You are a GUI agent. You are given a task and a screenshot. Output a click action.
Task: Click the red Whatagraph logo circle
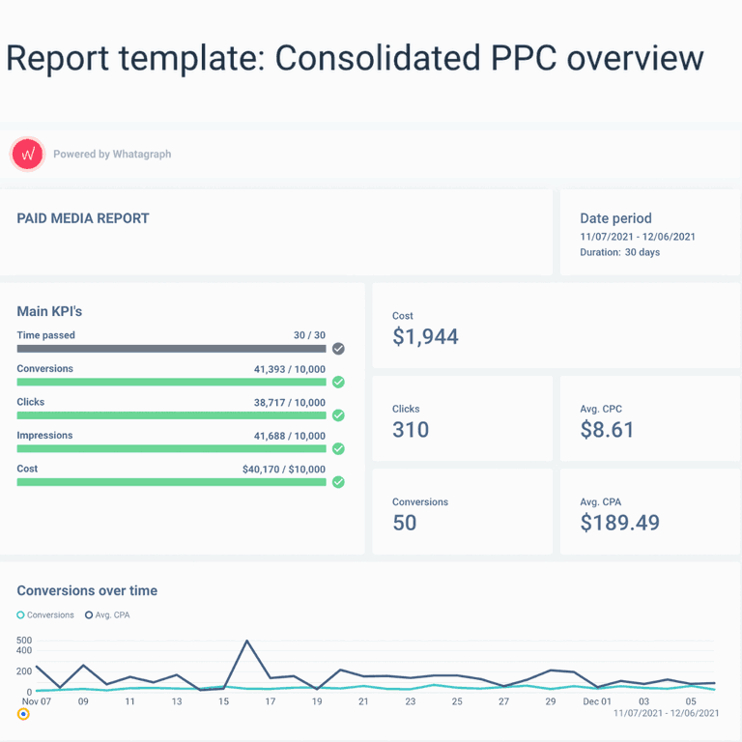(x=27, y=154)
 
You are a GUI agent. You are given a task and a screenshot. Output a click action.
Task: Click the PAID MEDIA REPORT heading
(x=83, y=218)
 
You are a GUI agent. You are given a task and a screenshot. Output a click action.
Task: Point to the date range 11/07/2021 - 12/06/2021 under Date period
(x=638, y=237)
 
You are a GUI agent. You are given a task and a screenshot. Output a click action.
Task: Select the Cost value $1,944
(x=425, y=336)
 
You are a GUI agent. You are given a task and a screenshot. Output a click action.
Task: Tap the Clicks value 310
(x=411, y=430)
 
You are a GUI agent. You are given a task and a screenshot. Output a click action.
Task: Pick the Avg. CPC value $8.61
(x=607, y=430)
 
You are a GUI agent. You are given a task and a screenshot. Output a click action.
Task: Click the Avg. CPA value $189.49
(x=619, y=523)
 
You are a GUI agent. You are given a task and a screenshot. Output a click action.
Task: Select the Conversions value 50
(x=405, y=523)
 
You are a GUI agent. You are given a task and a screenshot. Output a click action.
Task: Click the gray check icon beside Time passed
(x=338, y=349)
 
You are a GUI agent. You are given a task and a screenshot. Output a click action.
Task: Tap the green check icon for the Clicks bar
(x=338, y=415)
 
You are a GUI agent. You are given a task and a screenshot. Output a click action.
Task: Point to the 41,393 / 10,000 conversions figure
(x=290, y=369)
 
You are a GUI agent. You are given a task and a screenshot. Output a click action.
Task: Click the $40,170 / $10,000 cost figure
(x=284, y=470)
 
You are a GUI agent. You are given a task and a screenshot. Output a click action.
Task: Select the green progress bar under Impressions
(x=171, y=448)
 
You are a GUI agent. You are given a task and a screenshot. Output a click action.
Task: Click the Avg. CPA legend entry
(x=107, y=614)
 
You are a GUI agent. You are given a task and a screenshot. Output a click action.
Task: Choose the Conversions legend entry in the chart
(x=45, y=614)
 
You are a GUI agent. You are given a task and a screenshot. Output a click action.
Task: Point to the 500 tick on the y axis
(x=24, y=641)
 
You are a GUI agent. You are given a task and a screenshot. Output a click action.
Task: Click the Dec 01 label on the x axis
(x=597, y=701)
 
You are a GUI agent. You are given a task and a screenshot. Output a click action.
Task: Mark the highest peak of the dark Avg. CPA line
(x=246, y=642)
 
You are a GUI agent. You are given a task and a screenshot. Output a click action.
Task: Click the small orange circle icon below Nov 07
(x=23, y=714)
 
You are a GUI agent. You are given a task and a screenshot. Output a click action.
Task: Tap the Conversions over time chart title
(x=87, y=590)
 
